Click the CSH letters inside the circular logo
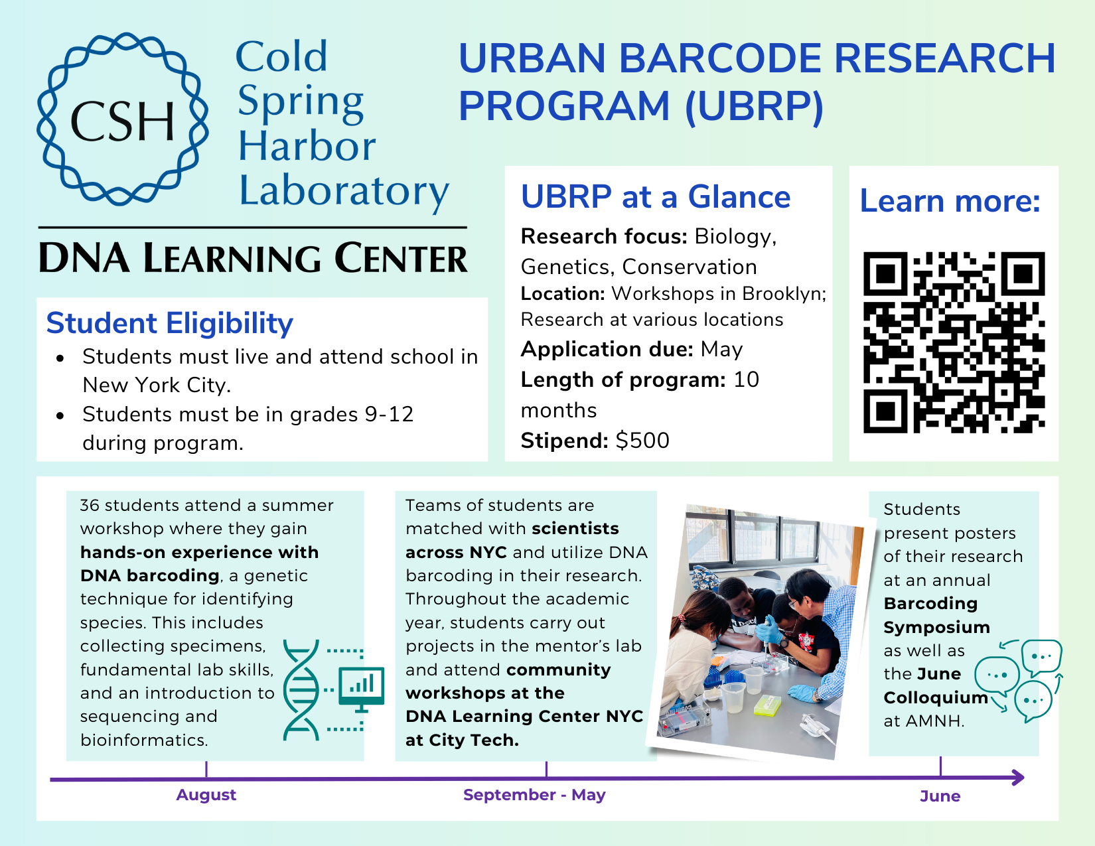122,122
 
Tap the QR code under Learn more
954,342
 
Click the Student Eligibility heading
169,323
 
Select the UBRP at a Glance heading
656,197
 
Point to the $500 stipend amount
642,441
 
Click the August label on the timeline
206,795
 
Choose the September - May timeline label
534,795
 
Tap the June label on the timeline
940,796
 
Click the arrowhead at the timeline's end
1017,778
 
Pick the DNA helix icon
301,690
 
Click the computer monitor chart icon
361,687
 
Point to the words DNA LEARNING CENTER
253,258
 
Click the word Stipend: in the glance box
565,441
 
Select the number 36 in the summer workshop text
90,506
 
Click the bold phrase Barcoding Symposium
936,615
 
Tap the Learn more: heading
950,201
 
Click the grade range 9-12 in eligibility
389,415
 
